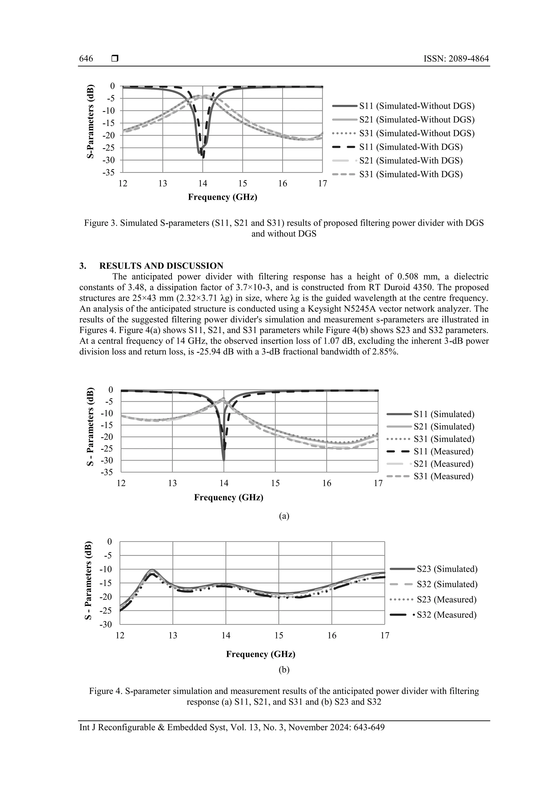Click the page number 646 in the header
click(x=86, y=59)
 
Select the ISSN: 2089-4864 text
click(x=456, y=59)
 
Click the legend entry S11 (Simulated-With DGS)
click(x=410, y=147)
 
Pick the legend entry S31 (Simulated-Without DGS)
click(x=417, y=133)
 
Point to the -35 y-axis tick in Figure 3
click(x=109, y=172)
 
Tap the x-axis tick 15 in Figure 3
click(x=243, y=184)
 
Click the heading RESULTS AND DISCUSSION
click(x=161, y=266)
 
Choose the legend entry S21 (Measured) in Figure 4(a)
click(x=443, y=464)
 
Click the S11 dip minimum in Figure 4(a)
click(x=224, y=460)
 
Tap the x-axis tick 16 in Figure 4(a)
click(x=327, y=483)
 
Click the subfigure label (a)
click(x=284, y=516)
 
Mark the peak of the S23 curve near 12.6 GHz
click(x=152, y=570)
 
